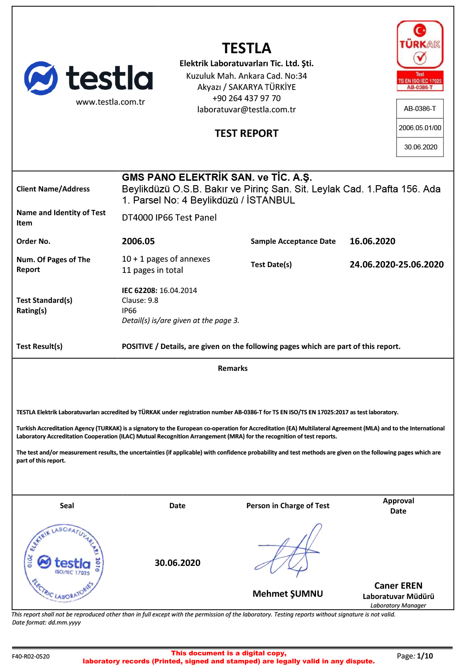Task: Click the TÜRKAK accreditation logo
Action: (x=420, y=55)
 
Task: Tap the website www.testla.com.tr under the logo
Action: (x=110, y=102)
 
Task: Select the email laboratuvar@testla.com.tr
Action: (x=246, y=110)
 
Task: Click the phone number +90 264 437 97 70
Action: (x=246, y=98)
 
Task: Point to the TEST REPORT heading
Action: (x=246, y=133)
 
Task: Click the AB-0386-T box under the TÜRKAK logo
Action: (x=420, y=109)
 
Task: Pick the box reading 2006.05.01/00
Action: (x=420, y=128)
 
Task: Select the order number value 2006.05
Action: (x=138, y=242)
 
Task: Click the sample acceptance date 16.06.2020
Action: (x=372, y=242)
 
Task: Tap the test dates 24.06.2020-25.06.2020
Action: (x=397, y=264)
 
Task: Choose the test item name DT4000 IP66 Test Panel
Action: (x=169, y=218)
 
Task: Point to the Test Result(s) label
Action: (x=39, y=346)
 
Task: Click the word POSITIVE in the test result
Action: (x=137, y=346)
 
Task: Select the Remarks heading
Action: (x=233, y=368)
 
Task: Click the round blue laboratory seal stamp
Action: (x=64, y=563)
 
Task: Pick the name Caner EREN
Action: (x=398, y=586)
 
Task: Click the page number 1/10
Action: (x=425, y=656)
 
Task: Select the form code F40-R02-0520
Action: (x=31, y=656)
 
